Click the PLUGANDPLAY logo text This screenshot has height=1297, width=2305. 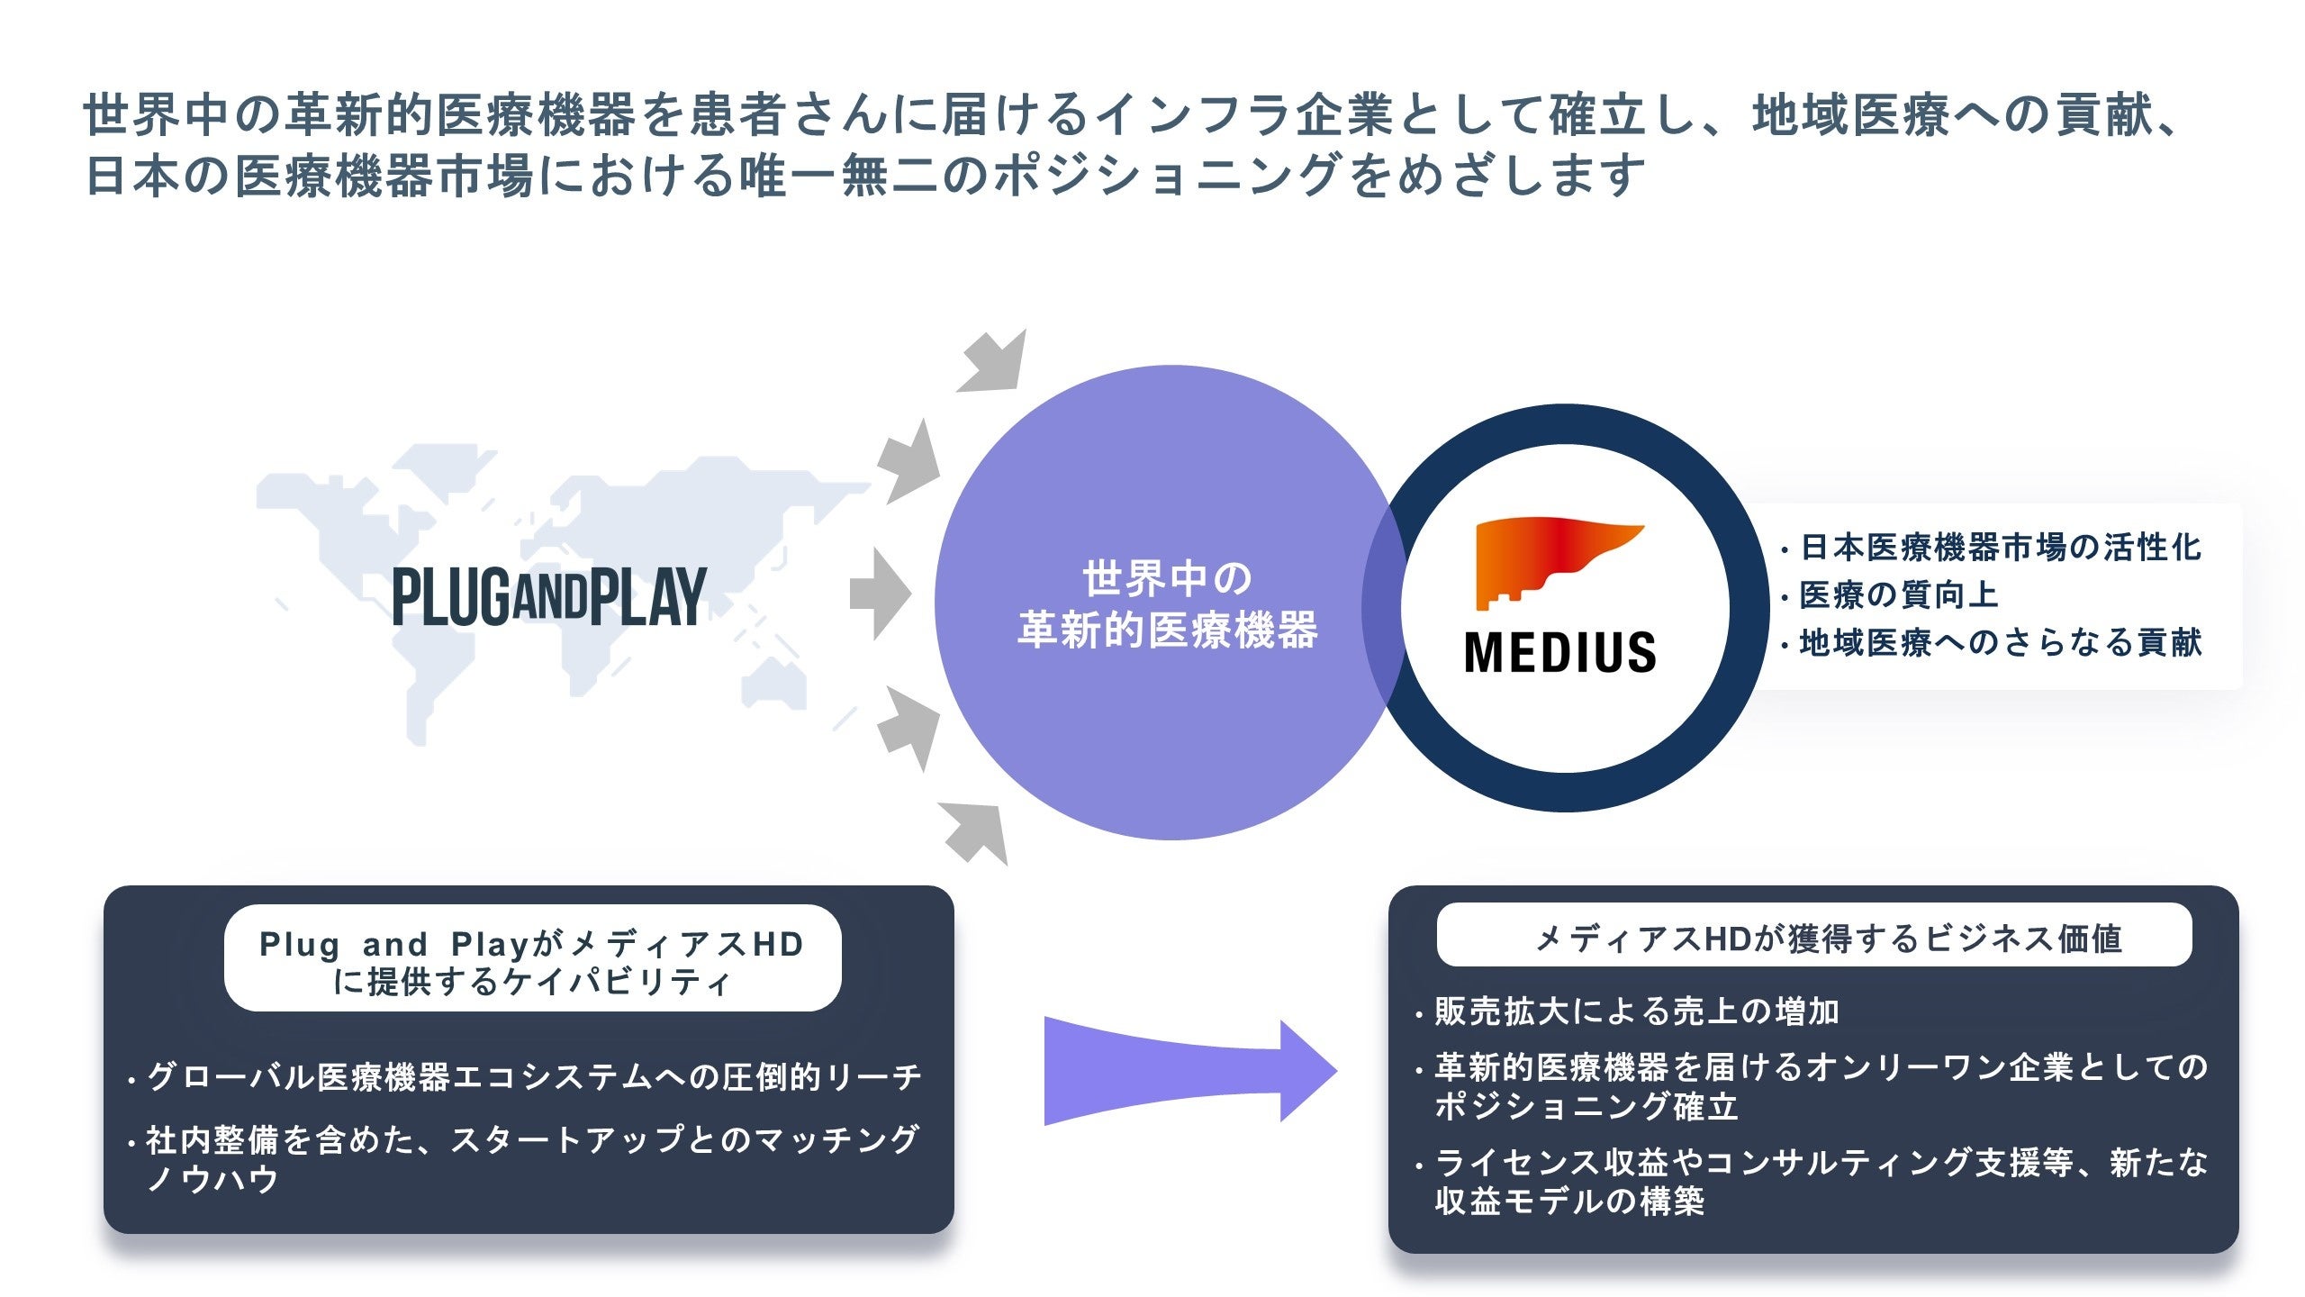click(549, 596)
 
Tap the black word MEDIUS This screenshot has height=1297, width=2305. click(1560, 652)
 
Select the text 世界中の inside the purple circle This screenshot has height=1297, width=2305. click(1167, 578)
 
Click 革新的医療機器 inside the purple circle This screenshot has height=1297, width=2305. click(1167, 630)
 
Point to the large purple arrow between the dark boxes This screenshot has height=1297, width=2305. click(1189, 1071)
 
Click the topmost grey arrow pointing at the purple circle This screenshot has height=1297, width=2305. click(994, 362)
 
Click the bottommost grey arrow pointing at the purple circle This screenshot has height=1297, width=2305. click(978, 832)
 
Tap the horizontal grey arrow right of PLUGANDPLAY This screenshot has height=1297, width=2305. click(880, 594)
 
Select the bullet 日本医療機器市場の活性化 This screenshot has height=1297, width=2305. click(1999, 548)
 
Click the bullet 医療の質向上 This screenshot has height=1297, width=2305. click(1898, 595)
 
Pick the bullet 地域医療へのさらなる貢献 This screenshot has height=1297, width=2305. click(1999, 643)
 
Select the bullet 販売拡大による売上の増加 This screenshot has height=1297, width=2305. click(1636, 1011)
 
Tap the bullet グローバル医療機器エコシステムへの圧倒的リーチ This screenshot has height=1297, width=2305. click(533, 1076)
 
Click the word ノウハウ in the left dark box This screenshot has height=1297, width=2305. click(212, 1179)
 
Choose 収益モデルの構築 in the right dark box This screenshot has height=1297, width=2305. click(1569, 1202)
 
